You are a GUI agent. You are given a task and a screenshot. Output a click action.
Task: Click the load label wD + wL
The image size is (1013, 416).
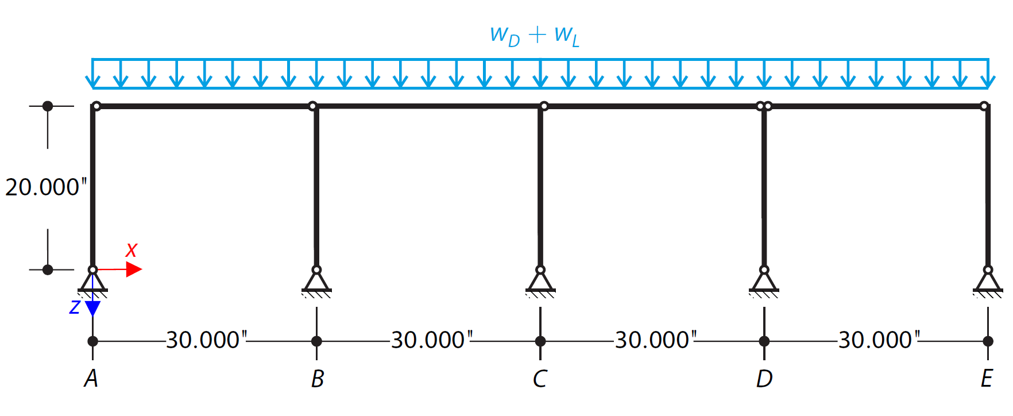pos(535,36)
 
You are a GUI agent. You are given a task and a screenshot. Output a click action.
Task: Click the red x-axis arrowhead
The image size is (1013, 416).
pos(134,269)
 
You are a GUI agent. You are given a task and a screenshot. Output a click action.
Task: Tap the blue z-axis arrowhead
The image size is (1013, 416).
pos(92,309)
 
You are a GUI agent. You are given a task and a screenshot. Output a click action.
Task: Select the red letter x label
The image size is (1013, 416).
pos(132,250)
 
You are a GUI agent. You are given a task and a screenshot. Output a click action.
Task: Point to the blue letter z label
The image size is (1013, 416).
pos(75,307)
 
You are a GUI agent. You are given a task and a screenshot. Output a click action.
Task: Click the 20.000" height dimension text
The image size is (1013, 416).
pos(46,187)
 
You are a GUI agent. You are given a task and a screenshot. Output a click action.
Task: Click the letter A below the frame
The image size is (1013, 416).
pos(91,379)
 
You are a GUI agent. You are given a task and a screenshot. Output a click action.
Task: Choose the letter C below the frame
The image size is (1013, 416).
pos(540,379)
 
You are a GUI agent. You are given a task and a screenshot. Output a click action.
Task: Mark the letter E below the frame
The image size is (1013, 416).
pos(987,379)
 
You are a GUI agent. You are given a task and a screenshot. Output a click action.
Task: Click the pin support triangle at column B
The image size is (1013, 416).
pos(316,282)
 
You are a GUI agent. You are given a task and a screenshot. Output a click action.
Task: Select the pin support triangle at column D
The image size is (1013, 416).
pos(764,282)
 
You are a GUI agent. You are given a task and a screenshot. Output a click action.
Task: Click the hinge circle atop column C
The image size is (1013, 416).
pos(544,106)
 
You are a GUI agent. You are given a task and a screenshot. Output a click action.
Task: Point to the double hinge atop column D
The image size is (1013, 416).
pos(764,106)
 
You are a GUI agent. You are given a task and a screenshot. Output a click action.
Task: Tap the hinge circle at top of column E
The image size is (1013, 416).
pos(984,106)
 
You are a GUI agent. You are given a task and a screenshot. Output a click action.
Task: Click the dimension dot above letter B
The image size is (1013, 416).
pos(316,341)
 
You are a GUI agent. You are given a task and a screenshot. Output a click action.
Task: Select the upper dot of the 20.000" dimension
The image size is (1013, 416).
pos(48,106)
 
